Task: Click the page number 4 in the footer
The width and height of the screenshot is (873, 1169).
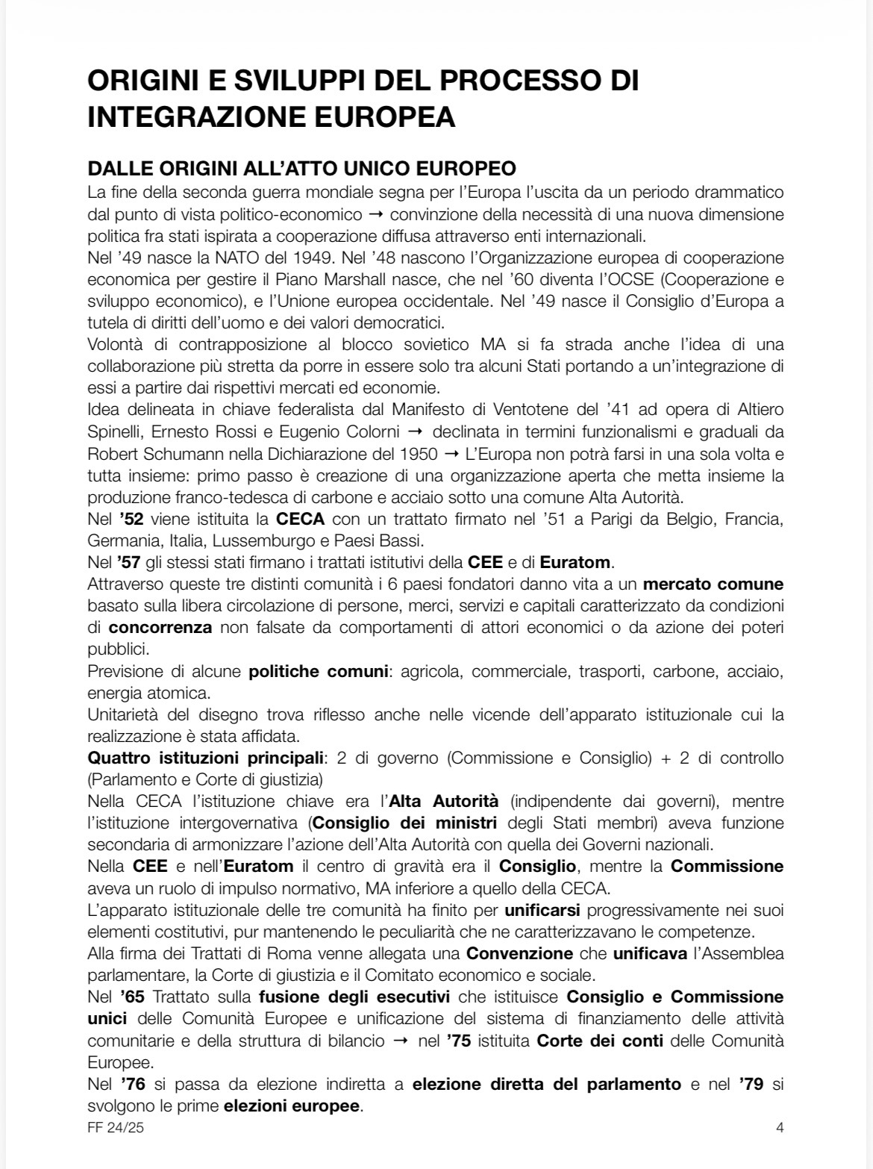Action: pos(780,1128)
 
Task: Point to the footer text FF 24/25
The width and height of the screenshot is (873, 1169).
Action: pos(116,1128)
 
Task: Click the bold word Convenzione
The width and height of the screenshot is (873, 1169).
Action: pos(519,953)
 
